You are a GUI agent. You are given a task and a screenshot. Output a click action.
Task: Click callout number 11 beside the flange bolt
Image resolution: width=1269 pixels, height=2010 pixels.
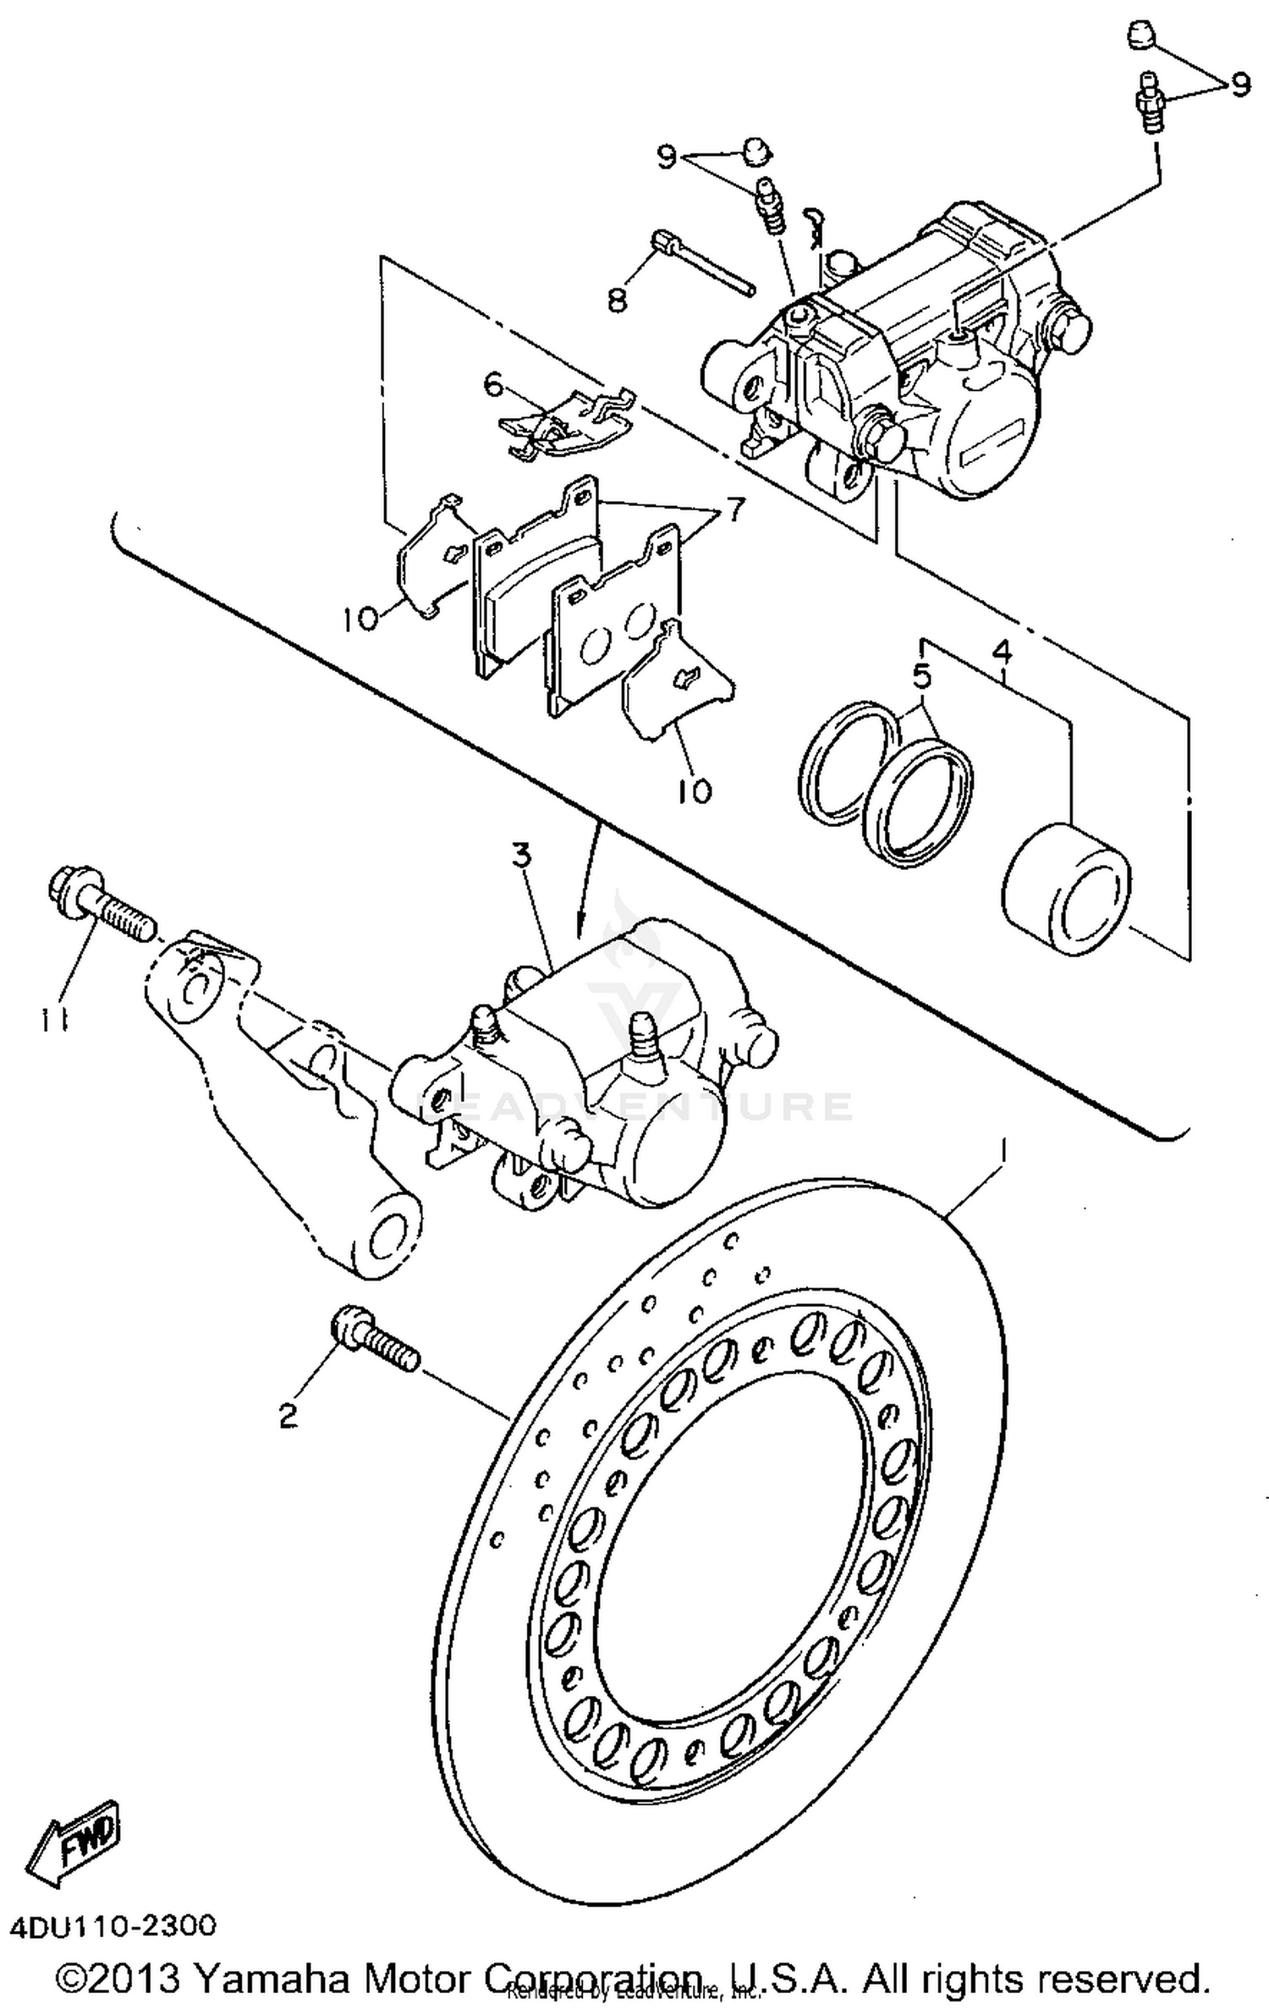point(53,1022)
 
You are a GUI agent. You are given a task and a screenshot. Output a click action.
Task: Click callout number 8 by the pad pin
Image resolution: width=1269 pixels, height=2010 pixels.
point(618,299)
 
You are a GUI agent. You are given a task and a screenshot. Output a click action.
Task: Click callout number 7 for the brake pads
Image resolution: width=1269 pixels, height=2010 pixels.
point(733,510)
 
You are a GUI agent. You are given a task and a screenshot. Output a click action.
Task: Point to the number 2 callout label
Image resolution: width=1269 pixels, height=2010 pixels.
point(288,1414)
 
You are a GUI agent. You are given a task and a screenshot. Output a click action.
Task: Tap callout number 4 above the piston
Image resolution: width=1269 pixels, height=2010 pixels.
point(1001,652)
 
